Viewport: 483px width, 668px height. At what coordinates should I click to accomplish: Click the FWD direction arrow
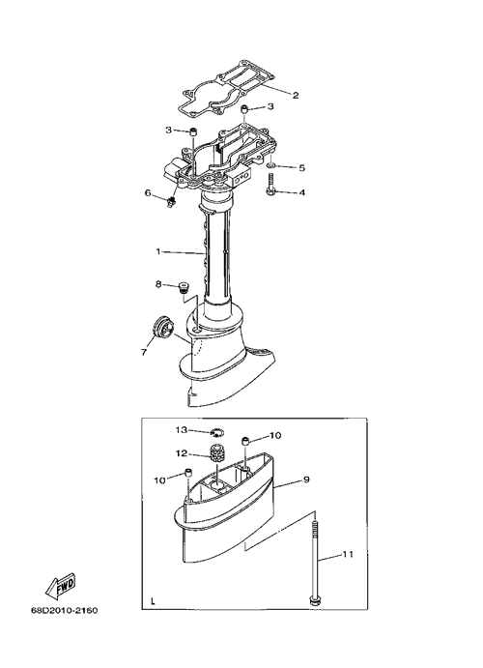click(61, 584)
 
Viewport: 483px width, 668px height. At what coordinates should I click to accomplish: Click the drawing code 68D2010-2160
click(65, 611)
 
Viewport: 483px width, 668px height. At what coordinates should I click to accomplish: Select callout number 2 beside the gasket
click(296, 95)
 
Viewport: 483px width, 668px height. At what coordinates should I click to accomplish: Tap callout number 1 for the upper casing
click(157, 251)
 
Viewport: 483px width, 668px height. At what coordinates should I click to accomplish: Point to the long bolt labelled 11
click(314, 563)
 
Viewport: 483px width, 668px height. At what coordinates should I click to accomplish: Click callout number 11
click(348, 555)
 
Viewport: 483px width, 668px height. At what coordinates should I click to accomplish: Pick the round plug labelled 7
click(162, 330)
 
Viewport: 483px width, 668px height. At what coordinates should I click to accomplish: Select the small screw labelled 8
click(185, 287)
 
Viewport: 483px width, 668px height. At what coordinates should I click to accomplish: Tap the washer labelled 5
click(271, 165)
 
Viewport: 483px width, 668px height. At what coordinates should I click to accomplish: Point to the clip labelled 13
click(216, 433)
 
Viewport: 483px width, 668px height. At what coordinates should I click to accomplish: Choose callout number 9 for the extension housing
click(306, 479)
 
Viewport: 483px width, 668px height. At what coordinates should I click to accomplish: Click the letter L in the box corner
click(153, 602)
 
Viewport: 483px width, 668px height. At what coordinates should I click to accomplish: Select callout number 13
click(182, 430)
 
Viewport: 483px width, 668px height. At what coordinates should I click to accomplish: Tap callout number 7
click(143, 352)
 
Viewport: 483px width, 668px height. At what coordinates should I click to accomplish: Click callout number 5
click(301, 168)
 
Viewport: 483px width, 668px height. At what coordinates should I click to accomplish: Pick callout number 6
click(148, 193)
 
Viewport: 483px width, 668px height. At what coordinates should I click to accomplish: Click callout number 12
click(182, 453)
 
